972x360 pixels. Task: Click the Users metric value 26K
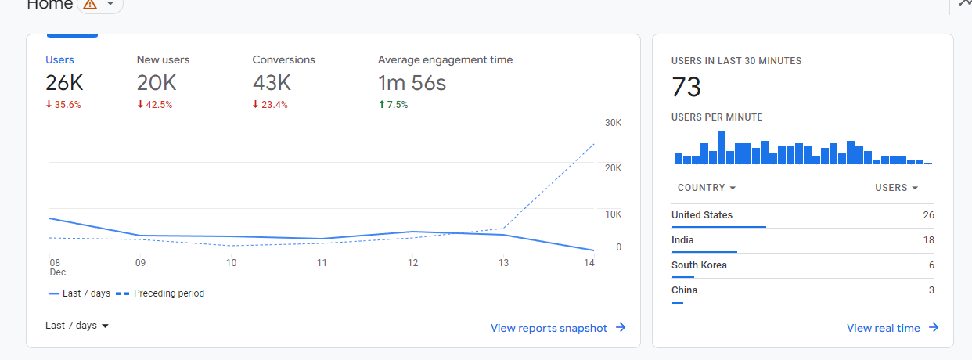64,82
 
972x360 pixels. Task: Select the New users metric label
163,59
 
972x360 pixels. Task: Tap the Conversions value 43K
272,82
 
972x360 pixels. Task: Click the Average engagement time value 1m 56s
412,82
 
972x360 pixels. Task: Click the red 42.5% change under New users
155,104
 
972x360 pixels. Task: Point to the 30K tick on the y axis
613,123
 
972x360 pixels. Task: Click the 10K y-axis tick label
613,214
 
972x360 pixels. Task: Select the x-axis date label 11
322,263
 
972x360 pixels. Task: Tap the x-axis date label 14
589,263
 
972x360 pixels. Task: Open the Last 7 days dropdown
77,326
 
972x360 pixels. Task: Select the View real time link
892,328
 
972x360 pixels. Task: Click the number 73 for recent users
686,87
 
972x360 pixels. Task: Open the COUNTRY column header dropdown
707,188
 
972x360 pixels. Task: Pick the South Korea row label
699,265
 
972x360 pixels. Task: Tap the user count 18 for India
928,240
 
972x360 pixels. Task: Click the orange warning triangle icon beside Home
90,4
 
